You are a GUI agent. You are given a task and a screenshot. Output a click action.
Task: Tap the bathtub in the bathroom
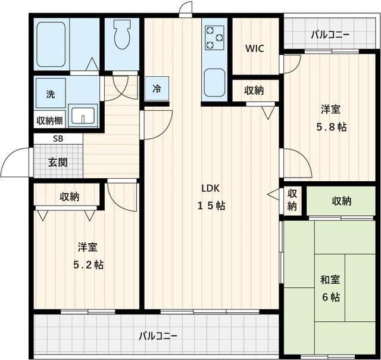[51, 45]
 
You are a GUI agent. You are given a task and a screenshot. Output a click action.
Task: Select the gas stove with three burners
[214, 38]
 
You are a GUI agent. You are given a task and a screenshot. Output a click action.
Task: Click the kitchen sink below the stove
[214, 82]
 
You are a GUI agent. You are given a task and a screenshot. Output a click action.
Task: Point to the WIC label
[255, 48]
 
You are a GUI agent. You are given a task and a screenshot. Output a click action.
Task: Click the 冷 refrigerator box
[157, 89]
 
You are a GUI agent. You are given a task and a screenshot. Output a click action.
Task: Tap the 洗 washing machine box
[51, 94]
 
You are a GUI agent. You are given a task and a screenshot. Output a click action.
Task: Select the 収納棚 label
[50, 120]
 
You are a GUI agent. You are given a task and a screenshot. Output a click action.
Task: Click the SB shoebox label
[58, 138]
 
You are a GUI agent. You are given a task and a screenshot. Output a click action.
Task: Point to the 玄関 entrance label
[58, 162]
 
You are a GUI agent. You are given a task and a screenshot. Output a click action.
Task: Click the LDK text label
[211, 188]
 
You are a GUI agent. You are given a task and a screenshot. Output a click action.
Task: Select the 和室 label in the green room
[330, 280]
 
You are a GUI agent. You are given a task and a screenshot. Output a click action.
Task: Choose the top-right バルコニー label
[330, 34]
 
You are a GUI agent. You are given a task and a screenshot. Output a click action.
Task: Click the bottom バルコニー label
[158, 336]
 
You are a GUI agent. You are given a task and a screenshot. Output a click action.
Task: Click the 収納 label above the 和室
[341, 201]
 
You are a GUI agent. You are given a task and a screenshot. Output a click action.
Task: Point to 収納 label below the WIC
[254, 91]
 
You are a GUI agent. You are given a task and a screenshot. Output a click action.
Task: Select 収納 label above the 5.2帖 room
[69, 197]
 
